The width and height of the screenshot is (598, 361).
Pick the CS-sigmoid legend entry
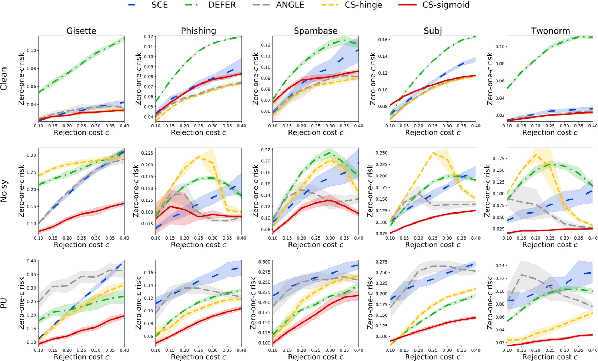tap(437, 5)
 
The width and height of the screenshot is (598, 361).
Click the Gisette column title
tap(81, 31)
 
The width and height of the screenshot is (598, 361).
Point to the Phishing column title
tap(199, 31)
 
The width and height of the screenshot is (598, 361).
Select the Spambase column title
tap(316, 31)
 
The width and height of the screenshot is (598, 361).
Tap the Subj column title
tap(433, 31)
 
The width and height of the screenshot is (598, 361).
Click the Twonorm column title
tap(550, 31)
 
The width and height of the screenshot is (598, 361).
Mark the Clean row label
tap(4, 79)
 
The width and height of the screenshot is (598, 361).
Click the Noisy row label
tap(4, 191)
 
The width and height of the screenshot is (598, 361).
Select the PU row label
tap(4, 303)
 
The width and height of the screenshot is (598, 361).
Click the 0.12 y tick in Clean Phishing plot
tap(149, 37)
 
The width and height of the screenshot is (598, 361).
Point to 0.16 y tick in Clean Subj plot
tap(383, 40)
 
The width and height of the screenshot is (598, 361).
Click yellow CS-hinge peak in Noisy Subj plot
tap(433, 153)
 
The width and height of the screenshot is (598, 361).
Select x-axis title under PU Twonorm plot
tap(550, 357)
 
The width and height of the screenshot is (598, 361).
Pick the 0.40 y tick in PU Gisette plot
tap(31, 261)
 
